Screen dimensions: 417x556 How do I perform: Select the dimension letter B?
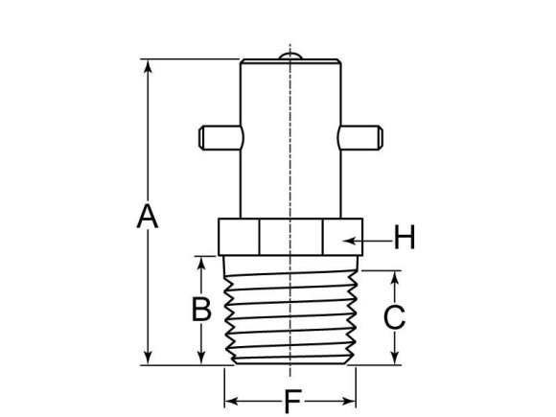[x=200, y=309]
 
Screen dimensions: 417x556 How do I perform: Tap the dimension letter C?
[x=394, y=317]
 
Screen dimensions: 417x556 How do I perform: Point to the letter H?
[x=405, y=236]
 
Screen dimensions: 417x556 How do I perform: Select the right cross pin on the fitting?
[x=362, y=137]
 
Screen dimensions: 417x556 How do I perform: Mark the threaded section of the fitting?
[x=290, y=312]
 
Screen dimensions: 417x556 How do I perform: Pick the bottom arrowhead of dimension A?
[x=147, y=359]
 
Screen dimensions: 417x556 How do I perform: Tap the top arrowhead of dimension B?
[x=200, y=262]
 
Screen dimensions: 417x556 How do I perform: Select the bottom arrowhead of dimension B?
[x=200, y=359]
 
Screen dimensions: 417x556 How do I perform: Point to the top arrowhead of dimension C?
[x=394, y=277]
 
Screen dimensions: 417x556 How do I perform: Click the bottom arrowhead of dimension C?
[x=394, y=359]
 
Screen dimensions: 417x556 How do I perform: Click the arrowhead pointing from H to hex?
[x=352, y=236]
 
